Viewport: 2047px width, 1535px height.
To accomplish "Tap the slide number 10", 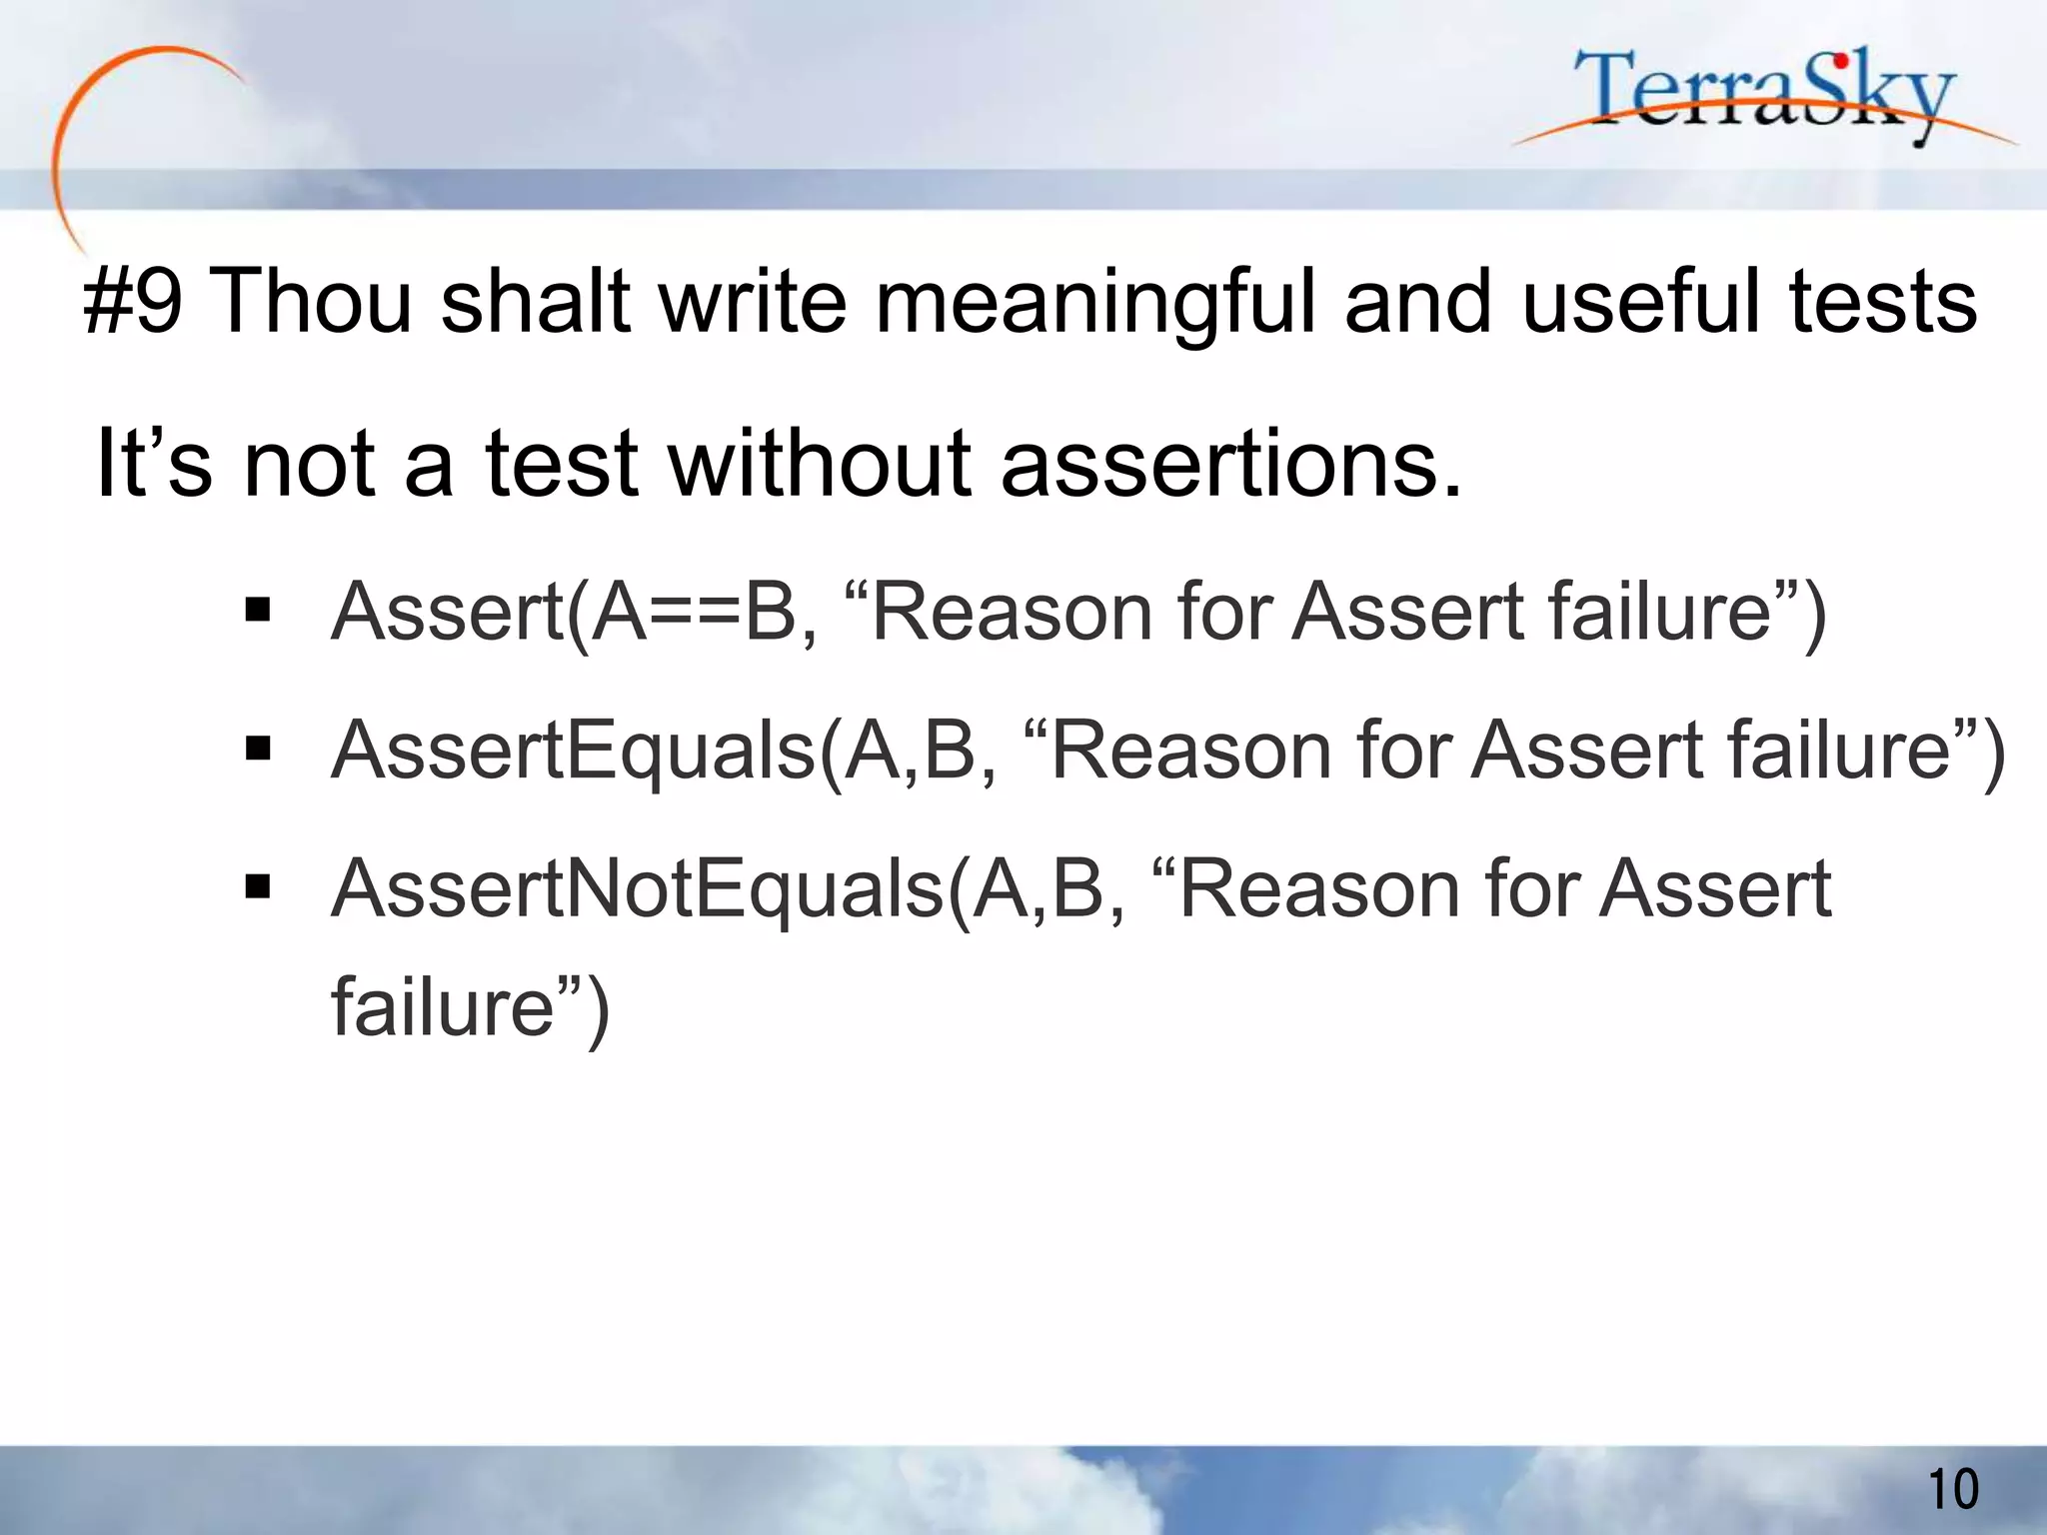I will click(x=1952, y=1489).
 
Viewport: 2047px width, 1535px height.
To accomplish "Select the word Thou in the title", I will click(x=313, y=302).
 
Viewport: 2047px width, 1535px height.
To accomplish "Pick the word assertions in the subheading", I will click(x=1230, y=465).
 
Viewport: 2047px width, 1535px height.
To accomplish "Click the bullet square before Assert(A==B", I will click(x=258, y=610).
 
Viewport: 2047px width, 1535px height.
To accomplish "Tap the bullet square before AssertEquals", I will click(x=258, y=748).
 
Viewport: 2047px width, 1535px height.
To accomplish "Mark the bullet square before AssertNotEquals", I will click(x=258, y=885).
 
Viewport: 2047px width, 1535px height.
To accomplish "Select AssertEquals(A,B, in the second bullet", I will click(x=664, y=751).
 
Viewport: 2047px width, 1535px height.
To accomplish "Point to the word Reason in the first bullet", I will click(x=1011, y=612).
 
